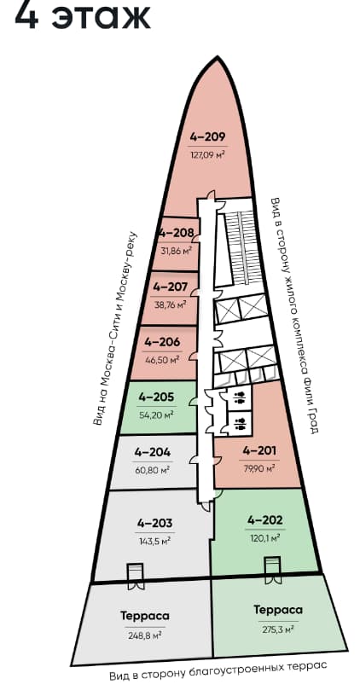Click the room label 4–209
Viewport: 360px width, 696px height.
(x=208, y=136)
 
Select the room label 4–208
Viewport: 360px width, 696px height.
(x=177, y=234)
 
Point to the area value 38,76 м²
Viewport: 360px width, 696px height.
(x=170, y=305)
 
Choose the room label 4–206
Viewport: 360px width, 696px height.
(x=162, y=342)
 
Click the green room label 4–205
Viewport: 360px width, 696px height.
(x=156, y=397)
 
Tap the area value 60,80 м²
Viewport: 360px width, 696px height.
(x=152, y=470)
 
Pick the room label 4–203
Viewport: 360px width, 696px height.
(x=154, y=524)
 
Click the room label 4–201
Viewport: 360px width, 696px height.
(x=259, y=451)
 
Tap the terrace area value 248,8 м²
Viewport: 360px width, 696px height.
(x=144, y=635)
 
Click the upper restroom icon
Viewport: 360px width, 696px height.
(x=241, y=396)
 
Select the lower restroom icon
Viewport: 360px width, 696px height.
(x=241, y=423)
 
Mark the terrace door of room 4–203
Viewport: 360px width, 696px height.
(x=135, y=577)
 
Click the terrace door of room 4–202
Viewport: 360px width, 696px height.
(x=272, y=570)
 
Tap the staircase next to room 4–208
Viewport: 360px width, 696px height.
(x=241, y=248)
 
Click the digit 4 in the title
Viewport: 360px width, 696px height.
(x=26, y=15)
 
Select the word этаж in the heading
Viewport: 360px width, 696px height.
(x=101, y=17)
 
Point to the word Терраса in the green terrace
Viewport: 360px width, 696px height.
(x=278, y=610)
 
